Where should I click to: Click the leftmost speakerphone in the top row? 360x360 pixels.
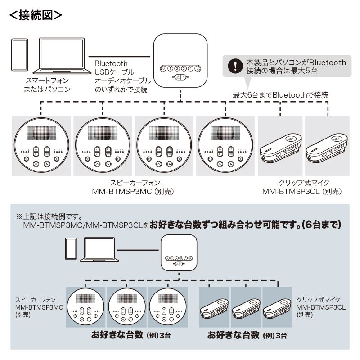tap(41, 146)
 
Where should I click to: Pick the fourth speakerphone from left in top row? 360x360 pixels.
tap(225, 146)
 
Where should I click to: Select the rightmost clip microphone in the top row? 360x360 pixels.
tap(326, 147)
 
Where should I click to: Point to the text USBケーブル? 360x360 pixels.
tap(114, 72)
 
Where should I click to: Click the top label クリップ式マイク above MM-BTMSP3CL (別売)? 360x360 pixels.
tap(304, 183)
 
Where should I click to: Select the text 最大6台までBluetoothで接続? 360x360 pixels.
tap(280, 95)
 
